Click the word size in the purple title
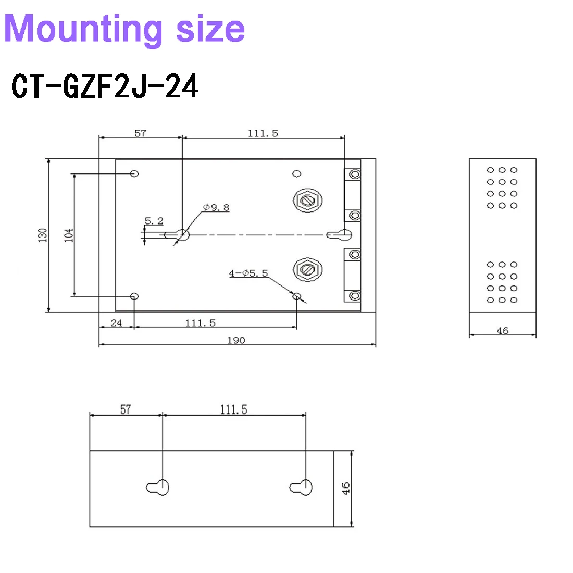click(210, 29)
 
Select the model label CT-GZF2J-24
click(105, 86)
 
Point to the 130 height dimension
click(43, 235)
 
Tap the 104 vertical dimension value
click(69, 235)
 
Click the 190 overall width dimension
click(236, 340)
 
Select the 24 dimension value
click(116, 323)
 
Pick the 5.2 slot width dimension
click(154, 221)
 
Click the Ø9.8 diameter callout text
click(216, 207)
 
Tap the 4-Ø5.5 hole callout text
click(248, 273)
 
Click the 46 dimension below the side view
click(503, 331)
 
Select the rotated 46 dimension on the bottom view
click(346, 489)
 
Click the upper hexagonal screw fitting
click(308, 200)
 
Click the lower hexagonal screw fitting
click(308, 269)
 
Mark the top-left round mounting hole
click(134, 173)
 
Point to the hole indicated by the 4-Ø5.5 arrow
click(297, 296)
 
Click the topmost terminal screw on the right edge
click(355, 175)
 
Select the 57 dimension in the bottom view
click(126, 409)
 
